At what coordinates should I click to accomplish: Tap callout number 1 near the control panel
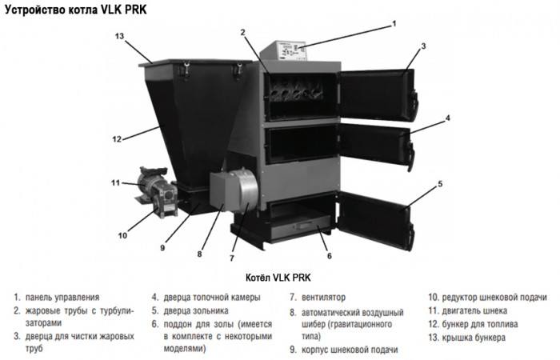[x=394, y=24]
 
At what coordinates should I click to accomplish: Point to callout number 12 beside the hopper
[x=116, y=139]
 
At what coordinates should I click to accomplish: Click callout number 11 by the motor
[x=115, y=183]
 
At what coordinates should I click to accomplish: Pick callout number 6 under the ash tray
[x=329, y=256]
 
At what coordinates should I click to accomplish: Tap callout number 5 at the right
[x=439, y=184]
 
